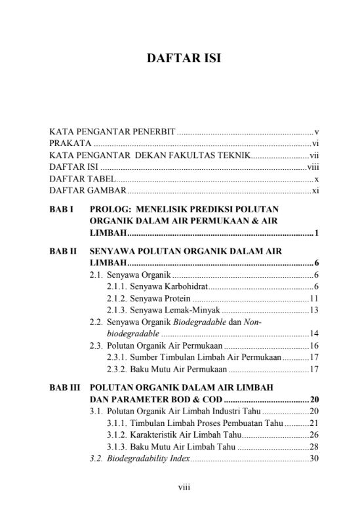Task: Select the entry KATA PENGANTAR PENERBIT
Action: (x=112, y=132)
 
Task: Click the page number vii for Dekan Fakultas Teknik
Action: (x=313, y=155)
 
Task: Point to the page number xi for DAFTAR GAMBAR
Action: (x=315, y=191)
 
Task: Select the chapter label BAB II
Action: (x=64, y=251)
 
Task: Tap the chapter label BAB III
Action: (x=66, y=387)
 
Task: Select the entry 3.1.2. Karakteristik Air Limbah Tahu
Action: (x=172, y=434)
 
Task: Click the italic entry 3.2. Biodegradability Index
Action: (x=140, y=458)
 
